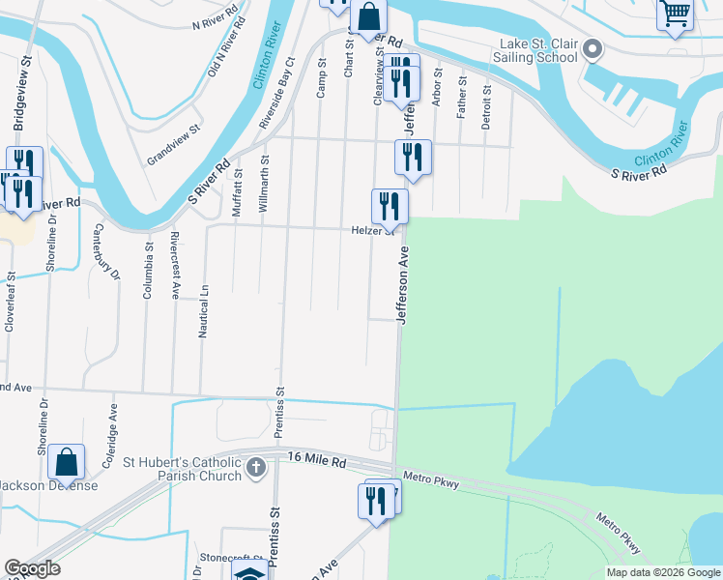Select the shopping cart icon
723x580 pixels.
tap(675, 14)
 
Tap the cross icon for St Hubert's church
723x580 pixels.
tap(256, 469)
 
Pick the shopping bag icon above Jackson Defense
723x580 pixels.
tap(67, 463)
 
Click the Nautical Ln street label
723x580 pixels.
tap(204, 310)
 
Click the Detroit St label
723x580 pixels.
tap(486, 107)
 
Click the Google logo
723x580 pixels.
tap(32, 568)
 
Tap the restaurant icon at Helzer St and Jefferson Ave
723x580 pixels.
tap(390, 205)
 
